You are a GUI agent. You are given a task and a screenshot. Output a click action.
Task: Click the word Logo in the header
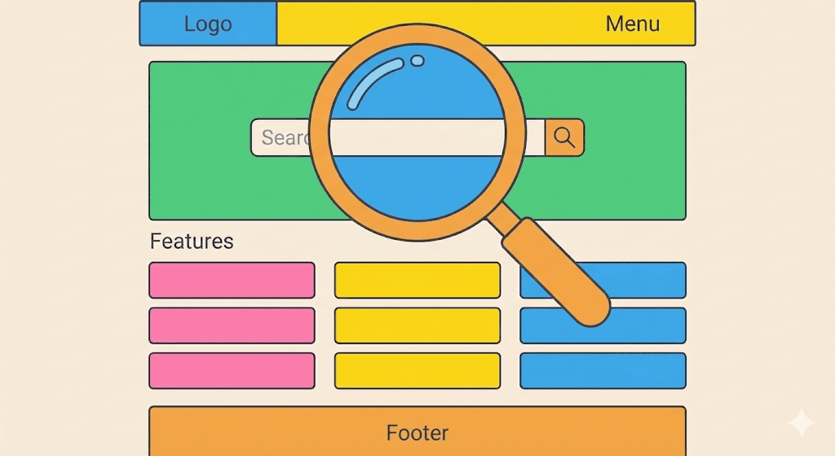coord(208,24)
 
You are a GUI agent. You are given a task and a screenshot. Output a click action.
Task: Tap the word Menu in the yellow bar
coord(632,24)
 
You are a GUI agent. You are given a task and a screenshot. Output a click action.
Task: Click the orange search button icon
coord(564,137)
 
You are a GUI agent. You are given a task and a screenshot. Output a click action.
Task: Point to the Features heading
coord(192,241)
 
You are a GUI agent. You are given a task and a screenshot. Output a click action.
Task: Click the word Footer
coord(417,432)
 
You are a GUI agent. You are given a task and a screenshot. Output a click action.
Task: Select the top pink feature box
coord(232,280)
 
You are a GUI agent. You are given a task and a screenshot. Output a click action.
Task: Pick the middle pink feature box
coord(232,325)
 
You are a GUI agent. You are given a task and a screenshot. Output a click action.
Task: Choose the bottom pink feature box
coord(232,370)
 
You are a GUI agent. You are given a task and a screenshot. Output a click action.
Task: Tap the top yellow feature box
coord(417,280)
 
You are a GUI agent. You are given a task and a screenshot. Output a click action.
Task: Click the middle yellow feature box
coord(417,325)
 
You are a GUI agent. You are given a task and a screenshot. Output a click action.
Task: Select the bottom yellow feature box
coord(417,370)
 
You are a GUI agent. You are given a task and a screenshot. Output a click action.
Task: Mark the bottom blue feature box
coord(603,370)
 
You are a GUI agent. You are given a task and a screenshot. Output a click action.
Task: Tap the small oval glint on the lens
coord(417,60)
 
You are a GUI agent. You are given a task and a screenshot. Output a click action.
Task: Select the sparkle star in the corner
coord(801,423)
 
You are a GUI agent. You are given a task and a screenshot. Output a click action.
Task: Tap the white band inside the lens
coord(417,138)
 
